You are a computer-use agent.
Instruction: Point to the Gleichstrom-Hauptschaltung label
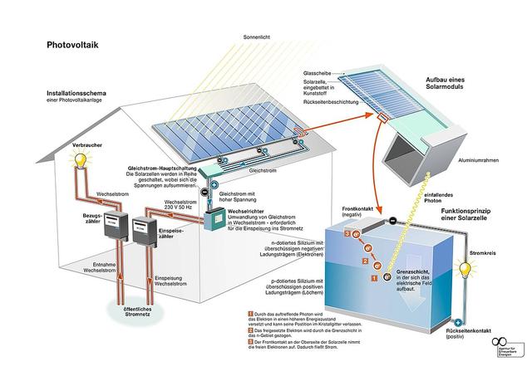pyautogui.click(x=165, y=168)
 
